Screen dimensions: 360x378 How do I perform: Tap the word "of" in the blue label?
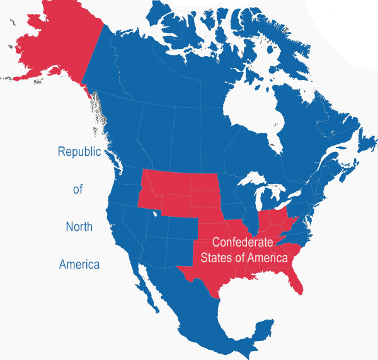point(78,189)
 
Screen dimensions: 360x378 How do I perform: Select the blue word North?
point(79,226)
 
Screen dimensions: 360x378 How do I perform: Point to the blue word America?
point(79,264)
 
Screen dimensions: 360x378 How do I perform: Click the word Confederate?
point(243,242)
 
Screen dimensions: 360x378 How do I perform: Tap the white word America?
point(267,258)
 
